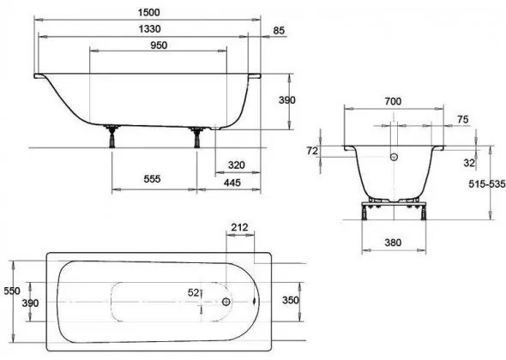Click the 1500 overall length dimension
[x=148, y=12]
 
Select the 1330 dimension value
[x=149, y=29]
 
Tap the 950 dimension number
[x=159, y=45]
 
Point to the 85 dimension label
[x=279, y=30]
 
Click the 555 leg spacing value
[x=152, y=178]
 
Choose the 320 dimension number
[x=236, y=165]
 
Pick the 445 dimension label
[x=232, y=183]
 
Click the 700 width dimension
[x=393, y=101]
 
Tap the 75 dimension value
[x=462, y=119]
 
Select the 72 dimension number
[x=312, y=151]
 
